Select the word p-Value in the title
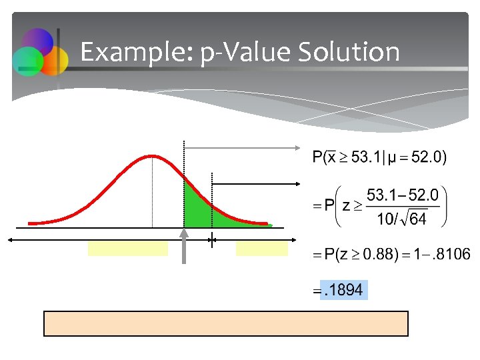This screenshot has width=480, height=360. pos(231,52)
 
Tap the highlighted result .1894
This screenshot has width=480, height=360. pos(344,290)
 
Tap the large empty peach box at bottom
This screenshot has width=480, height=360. pos(225,323)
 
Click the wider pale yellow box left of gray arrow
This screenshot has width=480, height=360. pos(127,249)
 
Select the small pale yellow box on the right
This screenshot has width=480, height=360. pos(262,249)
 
